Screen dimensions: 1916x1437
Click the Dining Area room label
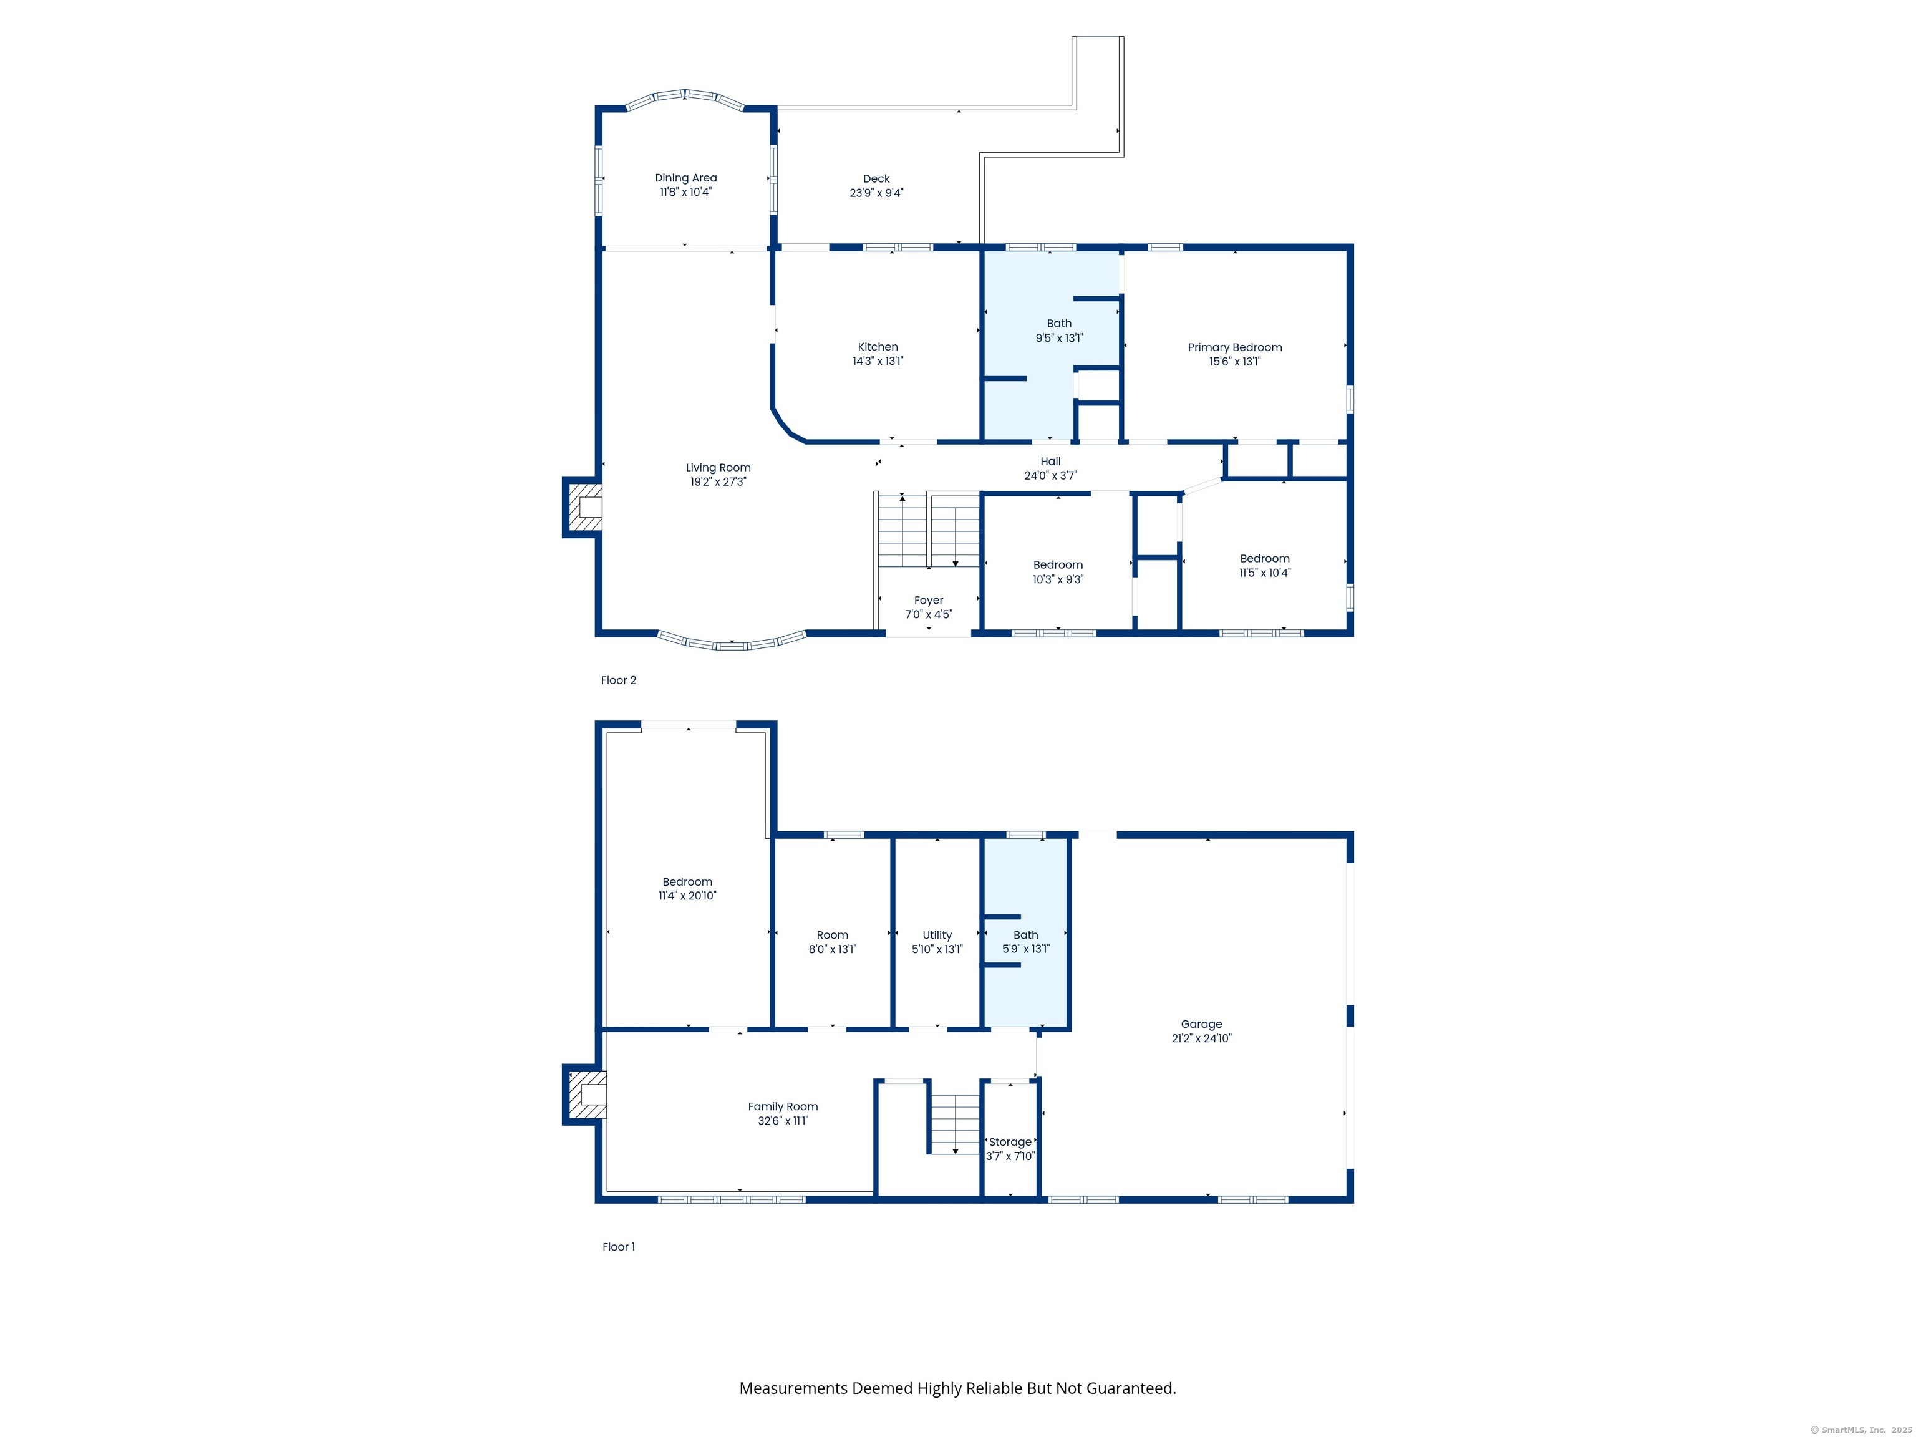pos(685,178)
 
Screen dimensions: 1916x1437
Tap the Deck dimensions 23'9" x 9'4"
pos(876,193)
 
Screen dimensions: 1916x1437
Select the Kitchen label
pos(878,347)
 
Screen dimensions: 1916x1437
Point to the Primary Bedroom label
pos(1234,347)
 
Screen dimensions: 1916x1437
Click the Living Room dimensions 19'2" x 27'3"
pos(718,481)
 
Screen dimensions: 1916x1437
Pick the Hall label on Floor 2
pos(1050,462)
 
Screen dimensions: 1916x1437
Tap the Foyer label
pos(929,600)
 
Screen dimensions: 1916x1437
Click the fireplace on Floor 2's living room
pos(584,506)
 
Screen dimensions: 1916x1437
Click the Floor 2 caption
pos(619,680)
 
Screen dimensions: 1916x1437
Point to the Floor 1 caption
pos(619,1246)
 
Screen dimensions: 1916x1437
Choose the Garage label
pos(1201,1024)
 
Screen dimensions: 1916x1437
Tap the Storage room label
pos(1010,1141)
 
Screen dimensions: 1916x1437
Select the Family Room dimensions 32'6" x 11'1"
pos(783,1121)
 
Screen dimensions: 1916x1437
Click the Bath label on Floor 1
pos(1025,935)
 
